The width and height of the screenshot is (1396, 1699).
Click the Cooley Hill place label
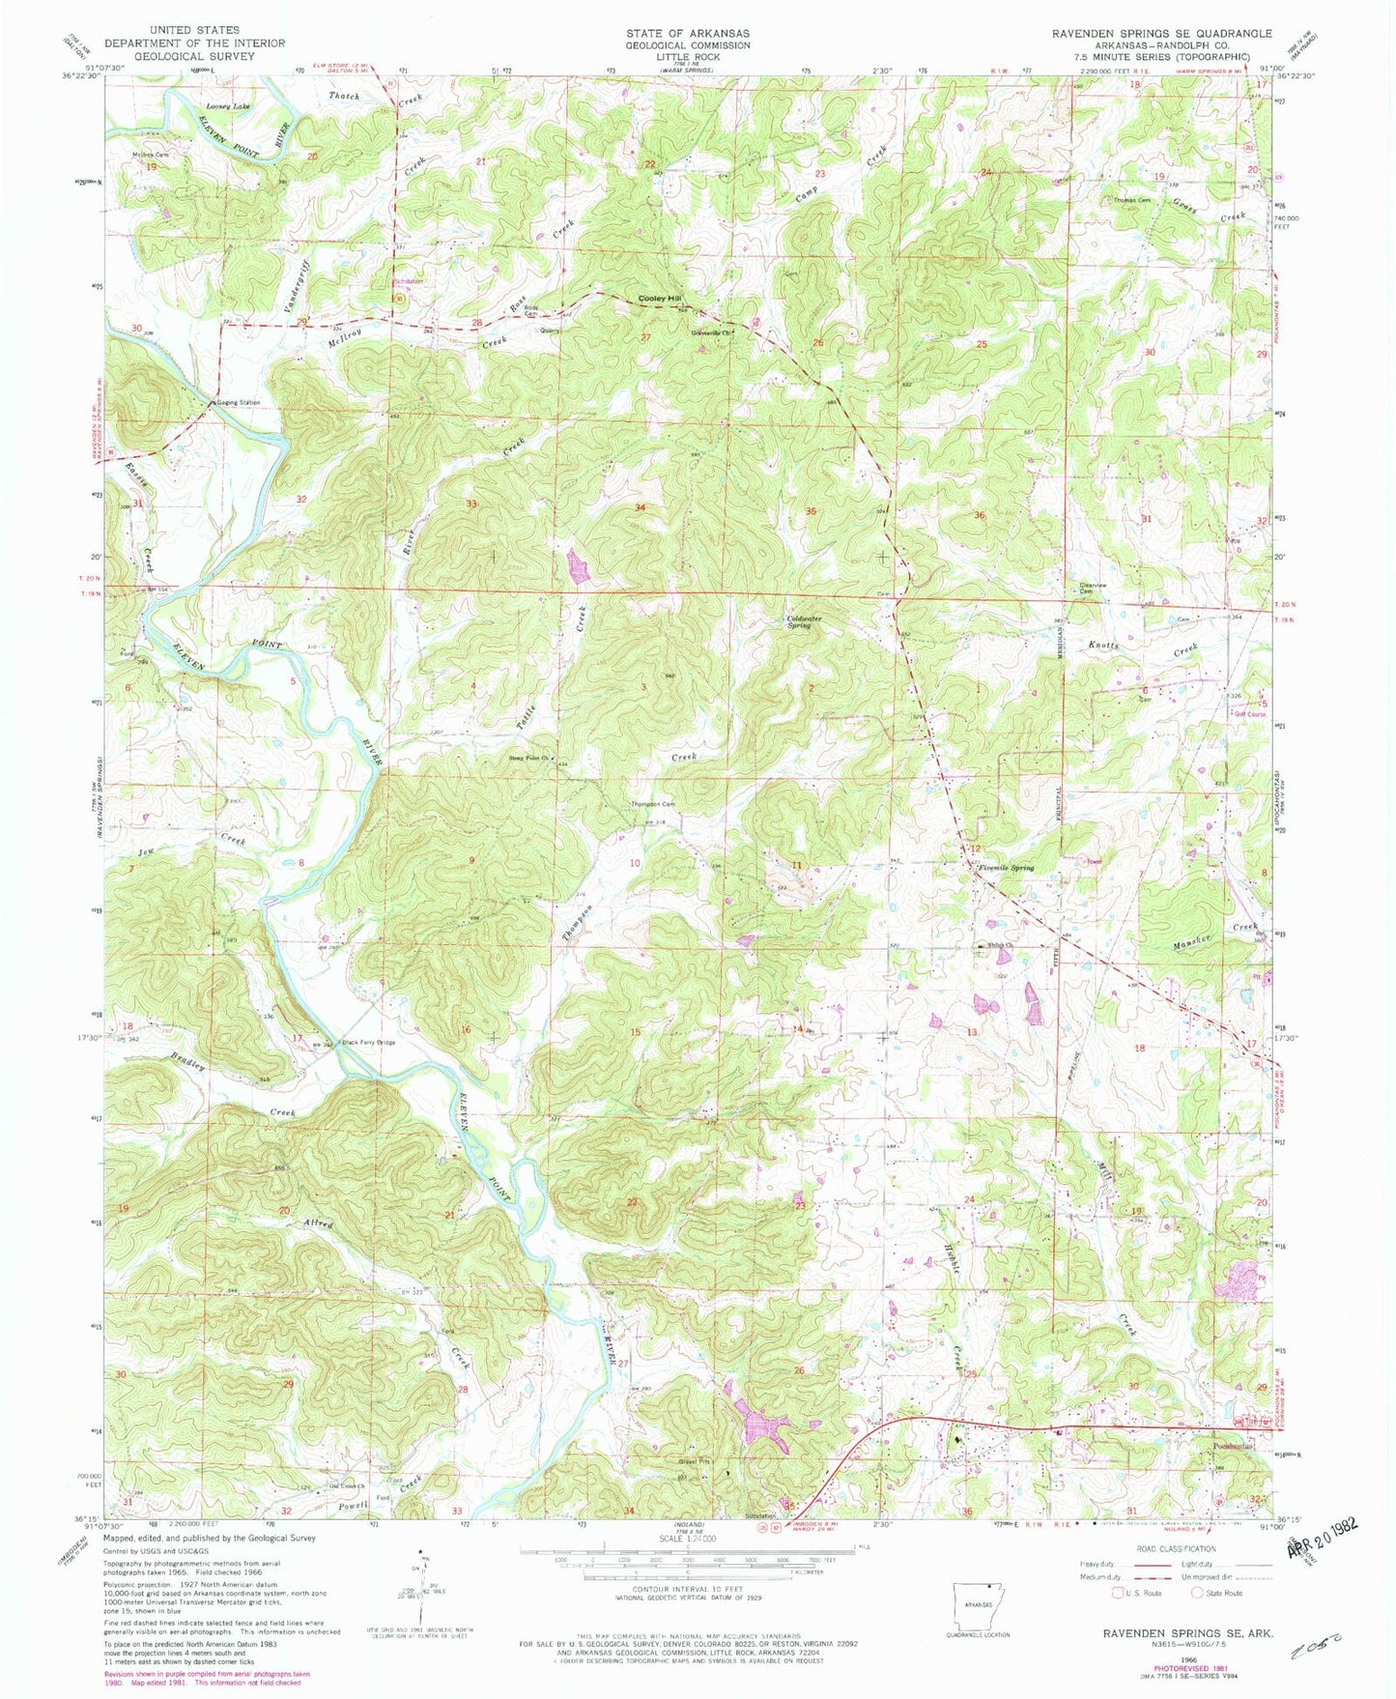click(x=662, y=299)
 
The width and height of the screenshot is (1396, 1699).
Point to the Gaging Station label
click(x=238, y=402)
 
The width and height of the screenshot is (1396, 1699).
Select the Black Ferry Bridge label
click(x=369, y=1043)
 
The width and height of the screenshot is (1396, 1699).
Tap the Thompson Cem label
click(x=652, y=804)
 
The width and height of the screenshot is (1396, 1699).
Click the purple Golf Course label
click(x=1249, y=714)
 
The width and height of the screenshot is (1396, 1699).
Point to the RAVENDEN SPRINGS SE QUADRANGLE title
click(x=1161, y=33)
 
